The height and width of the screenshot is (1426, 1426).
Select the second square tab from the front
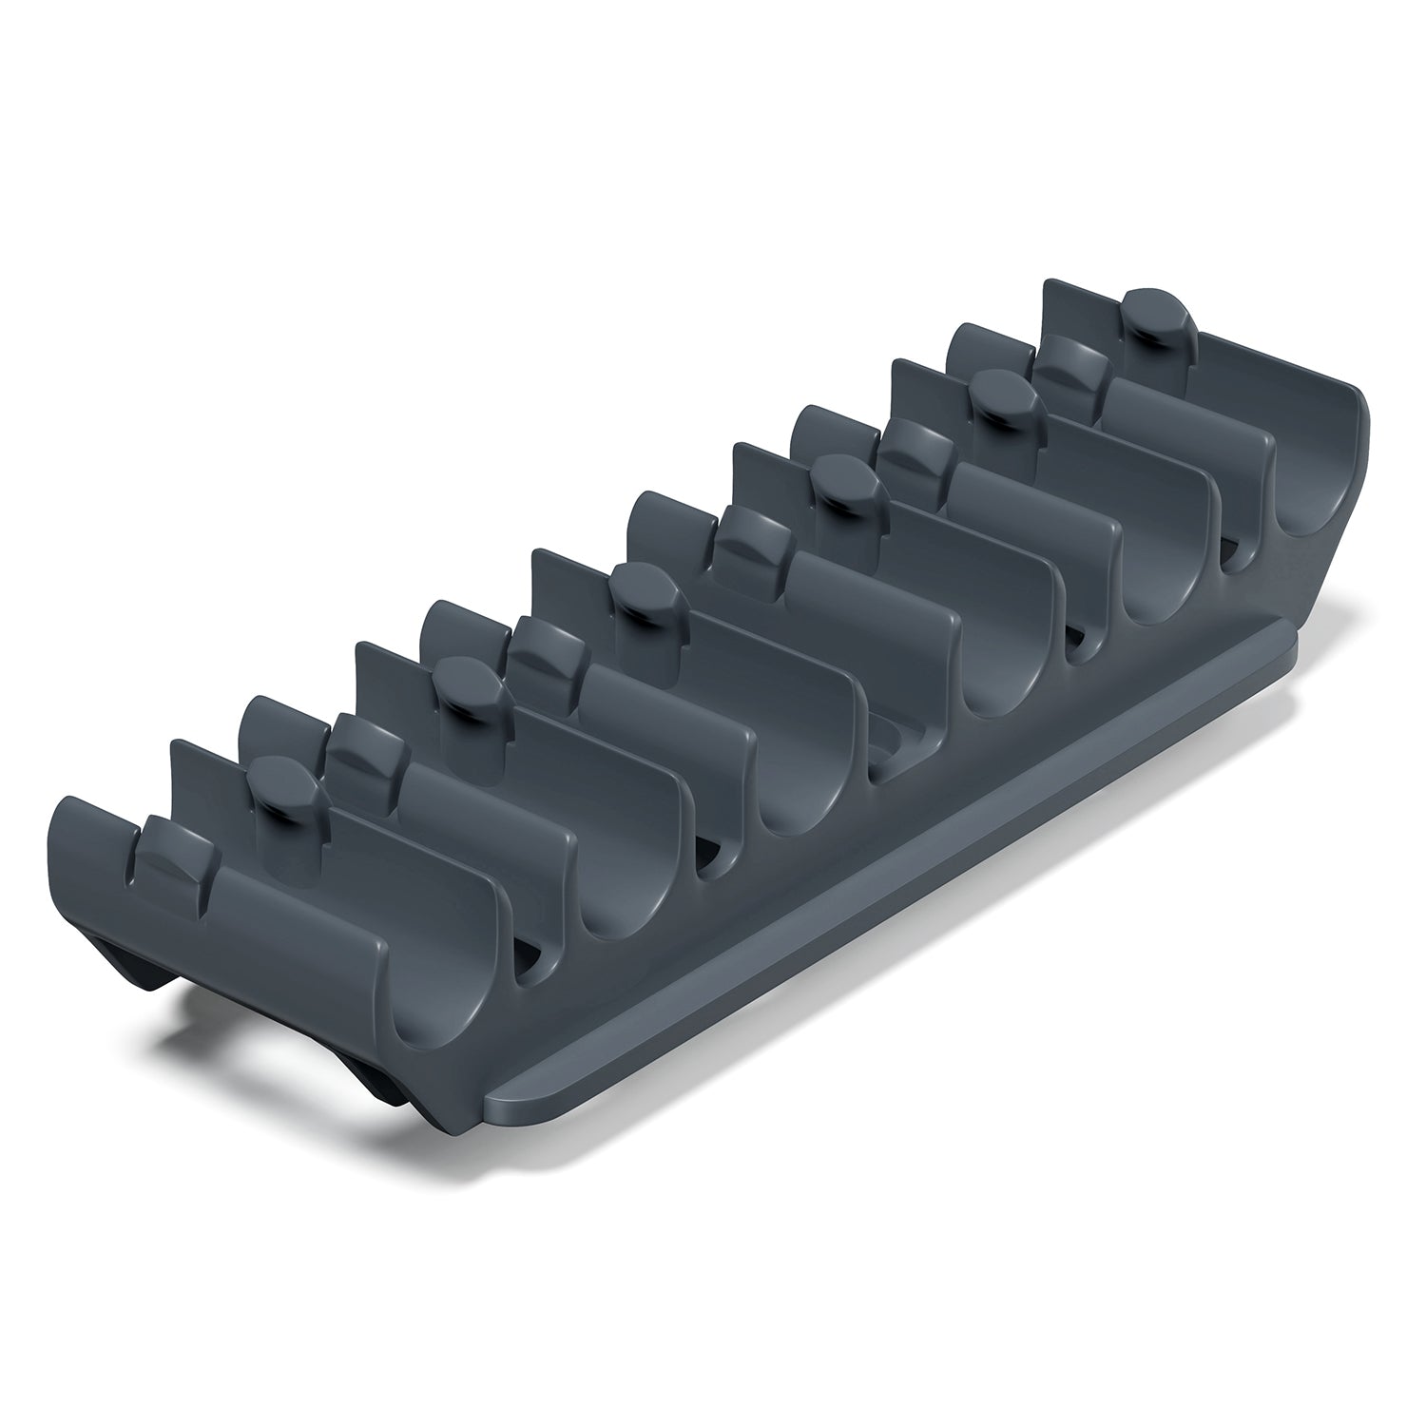[366, 747]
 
